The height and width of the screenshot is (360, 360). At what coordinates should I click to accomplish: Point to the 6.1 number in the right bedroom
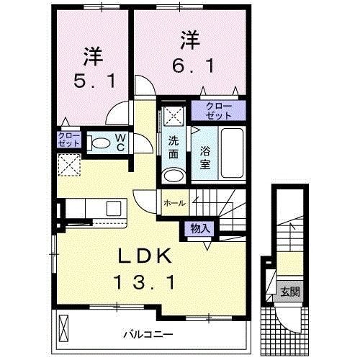tap(189, 66)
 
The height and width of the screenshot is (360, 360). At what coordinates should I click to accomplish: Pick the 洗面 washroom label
tap(173, 148)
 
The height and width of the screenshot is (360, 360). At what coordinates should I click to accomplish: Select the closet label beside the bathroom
tap(217, 110)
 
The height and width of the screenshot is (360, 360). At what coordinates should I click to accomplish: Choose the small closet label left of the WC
tap(68, 140)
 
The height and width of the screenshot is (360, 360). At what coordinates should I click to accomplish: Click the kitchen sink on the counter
tap(114, 209)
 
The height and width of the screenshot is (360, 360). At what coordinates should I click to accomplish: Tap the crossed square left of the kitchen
tap(69, 166)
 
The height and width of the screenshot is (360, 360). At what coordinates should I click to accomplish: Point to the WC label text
tap(121, 142)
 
